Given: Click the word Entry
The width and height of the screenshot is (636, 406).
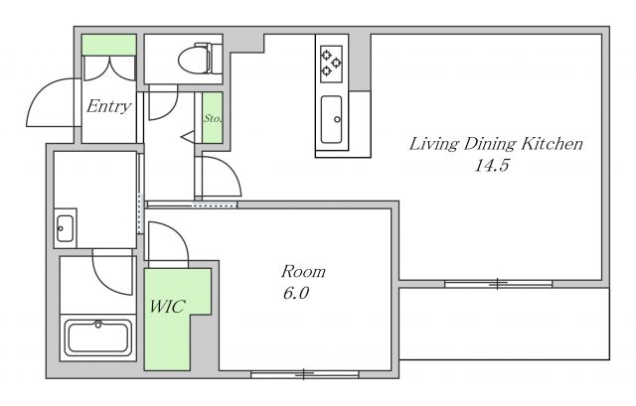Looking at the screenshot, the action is tap(108, 106).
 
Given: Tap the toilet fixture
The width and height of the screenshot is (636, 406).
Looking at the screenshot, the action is tap(200, 59).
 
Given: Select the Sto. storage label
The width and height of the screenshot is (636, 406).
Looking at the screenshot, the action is tap(212, 118).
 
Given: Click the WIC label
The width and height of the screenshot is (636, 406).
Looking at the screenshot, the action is tap(168, 307).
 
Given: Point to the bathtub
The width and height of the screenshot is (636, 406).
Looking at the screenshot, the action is tap(97, 338).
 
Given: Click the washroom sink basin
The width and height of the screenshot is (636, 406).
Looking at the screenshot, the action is tap(65, 228).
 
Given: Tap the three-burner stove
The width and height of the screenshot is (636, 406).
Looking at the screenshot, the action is tap(331, 65).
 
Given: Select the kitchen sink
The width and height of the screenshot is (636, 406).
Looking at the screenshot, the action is tap(331, 119).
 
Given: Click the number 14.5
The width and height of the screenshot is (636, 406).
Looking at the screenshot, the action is tap(492, 166).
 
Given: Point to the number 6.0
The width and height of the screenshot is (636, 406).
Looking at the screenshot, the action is tap(296, 293).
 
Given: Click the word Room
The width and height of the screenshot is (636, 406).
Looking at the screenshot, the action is tap(303, 271).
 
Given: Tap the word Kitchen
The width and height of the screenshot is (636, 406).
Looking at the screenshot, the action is tap(552, 144).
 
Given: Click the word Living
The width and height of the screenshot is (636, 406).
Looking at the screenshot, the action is tap(434, 144).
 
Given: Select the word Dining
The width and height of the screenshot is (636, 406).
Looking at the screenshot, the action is tap(490, 144).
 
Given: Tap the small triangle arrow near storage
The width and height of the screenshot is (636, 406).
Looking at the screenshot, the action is tap(188, 137).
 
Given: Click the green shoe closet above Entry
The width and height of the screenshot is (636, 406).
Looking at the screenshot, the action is tap(108, 45).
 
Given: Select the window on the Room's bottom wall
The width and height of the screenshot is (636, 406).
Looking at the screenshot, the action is tap(305, 374).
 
